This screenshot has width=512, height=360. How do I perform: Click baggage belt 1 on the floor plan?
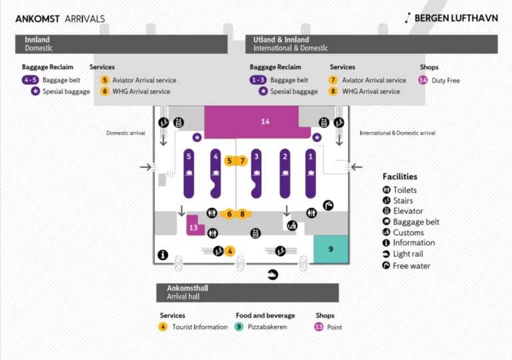pos(310,173)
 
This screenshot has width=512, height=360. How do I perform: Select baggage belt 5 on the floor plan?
pos(189,173)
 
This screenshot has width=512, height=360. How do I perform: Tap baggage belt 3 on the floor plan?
pos(255,173)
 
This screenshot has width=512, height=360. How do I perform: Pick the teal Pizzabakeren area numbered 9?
pos(331,249)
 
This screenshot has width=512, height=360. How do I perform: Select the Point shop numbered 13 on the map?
pos(193,227)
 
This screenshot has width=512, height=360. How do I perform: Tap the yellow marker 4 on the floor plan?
pos(229,251)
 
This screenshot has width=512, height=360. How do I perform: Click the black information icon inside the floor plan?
pos(162,255)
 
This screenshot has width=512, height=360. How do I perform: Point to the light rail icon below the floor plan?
pos(272,274)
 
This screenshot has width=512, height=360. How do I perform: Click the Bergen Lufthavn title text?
pos(456,19)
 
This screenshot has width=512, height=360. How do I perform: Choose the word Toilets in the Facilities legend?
pos(405,190)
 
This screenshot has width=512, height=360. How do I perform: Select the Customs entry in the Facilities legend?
pos(408,233)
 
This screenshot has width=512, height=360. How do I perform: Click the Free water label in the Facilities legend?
pos(411,266)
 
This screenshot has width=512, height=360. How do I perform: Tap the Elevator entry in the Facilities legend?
pos(408,211)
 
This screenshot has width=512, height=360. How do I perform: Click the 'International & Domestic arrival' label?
pos(397,133)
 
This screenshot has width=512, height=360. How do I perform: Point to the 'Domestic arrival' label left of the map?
pos(125,133)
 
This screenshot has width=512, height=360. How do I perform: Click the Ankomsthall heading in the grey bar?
pos(187,288)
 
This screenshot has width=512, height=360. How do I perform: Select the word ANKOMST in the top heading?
pos(37,19)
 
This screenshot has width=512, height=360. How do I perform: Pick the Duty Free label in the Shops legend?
pos(445,81)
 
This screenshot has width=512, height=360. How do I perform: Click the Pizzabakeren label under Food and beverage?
pos(268,327)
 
